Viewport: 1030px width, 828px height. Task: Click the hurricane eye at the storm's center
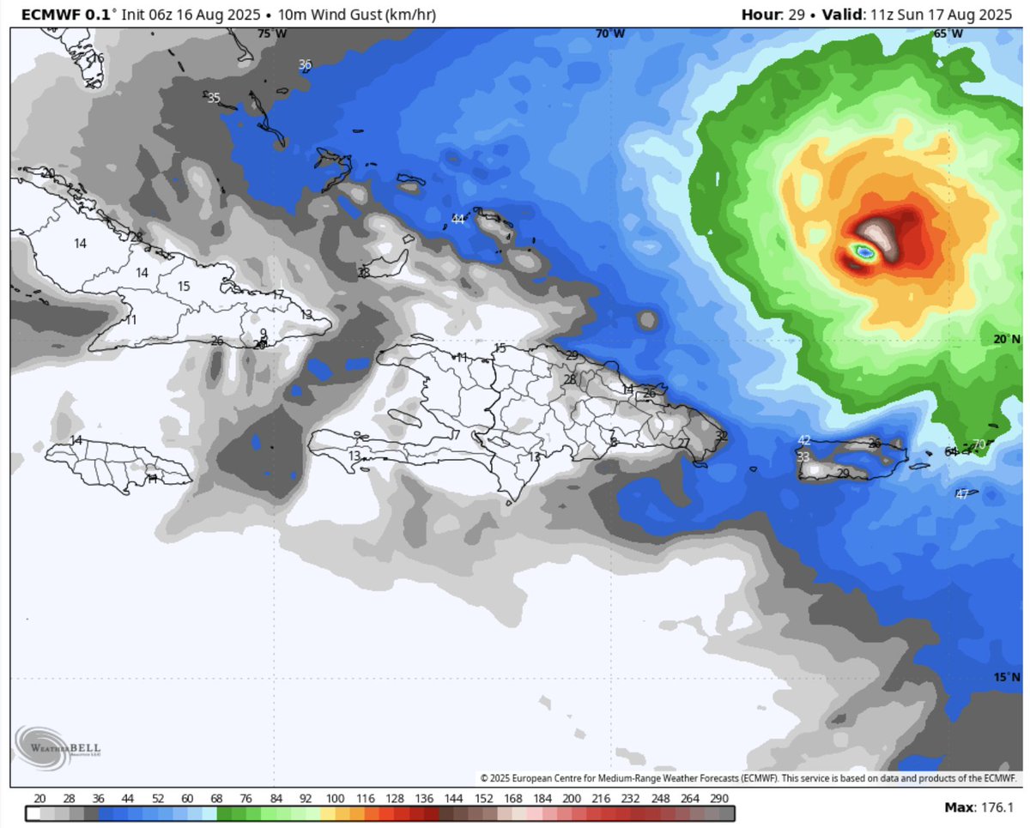[x=864, y=251]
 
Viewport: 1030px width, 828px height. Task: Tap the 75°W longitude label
[x=272, y=33]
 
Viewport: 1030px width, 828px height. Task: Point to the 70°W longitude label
[x=610, y=33]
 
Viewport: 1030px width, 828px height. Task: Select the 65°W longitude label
[x=948, y=33]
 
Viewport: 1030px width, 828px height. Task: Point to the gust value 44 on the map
[x=458, y=219]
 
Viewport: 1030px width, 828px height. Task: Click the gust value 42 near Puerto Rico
[x=804, y=440]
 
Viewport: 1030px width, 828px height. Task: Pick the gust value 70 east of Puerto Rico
[x=979, y=444]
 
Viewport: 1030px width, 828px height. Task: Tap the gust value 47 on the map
[x=962, y=493]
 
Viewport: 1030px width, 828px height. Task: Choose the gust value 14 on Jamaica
[x=76, y=440]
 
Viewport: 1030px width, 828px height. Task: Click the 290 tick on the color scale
[x=719, y=798]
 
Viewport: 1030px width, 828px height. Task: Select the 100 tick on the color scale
[x=335, y=798]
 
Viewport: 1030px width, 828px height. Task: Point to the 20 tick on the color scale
[x=40, y=798]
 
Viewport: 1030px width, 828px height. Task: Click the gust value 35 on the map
[x=214, y=98]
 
